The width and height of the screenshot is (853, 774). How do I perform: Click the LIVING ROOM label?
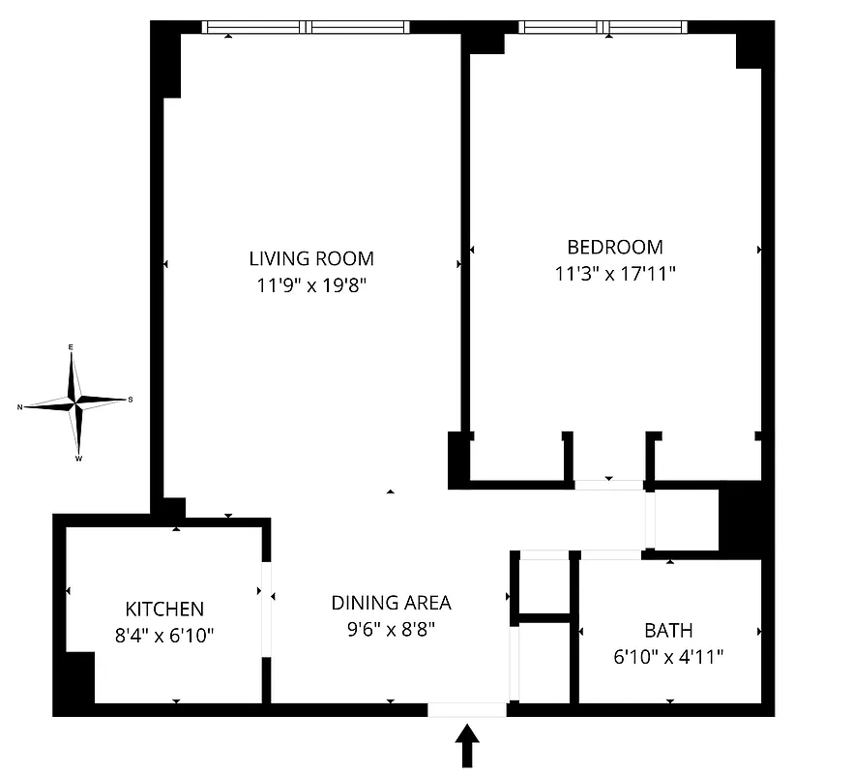click(x=311, y=258)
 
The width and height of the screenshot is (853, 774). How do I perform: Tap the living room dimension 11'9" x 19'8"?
click(x=311, y=285)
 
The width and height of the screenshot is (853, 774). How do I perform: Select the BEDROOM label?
click(x=615, y=247)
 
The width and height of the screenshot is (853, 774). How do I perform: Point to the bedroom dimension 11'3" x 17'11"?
click(x=615, y=274)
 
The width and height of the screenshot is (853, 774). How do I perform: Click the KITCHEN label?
click(x=164, y=609)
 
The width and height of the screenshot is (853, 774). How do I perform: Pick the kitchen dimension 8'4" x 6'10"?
click(x=164, y=636)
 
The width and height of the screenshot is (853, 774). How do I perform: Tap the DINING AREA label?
click(x=391, y=602)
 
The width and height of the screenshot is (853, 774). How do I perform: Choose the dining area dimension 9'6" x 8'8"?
click(x=391, y=629)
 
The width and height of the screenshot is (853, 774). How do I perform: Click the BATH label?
click(x=668, y=630)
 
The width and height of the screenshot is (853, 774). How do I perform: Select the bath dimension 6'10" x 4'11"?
click(x=668, y=657)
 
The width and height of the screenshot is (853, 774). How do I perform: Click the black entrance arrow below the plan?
click(x=467, y=746)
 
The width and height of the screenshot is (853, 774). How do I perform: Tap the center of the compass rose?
click(x=76, y=400)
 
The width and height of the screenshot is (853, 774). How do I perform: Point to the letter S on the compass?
click(x=131, y=400)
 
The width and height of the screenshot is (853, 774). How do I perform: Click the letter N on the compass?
click(x=19, y=407)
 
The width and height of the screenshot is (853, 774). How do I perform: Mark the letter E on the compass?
click(x=71, y=346)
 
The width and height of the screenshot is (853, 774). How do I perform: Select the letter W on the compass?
click(x=78, y=459)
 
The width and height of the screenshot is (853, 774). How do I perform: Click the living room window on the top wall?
click(x=306, y=27)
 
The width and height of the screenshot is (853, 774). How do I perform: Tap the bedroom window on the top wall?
click(x=603, y=27)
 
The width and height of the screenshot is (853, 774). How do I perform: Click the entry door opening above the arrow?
click(x=466, y=709)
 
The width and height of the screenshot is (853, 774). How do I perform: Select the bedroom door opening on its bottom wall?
click(x=608, y=485)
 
